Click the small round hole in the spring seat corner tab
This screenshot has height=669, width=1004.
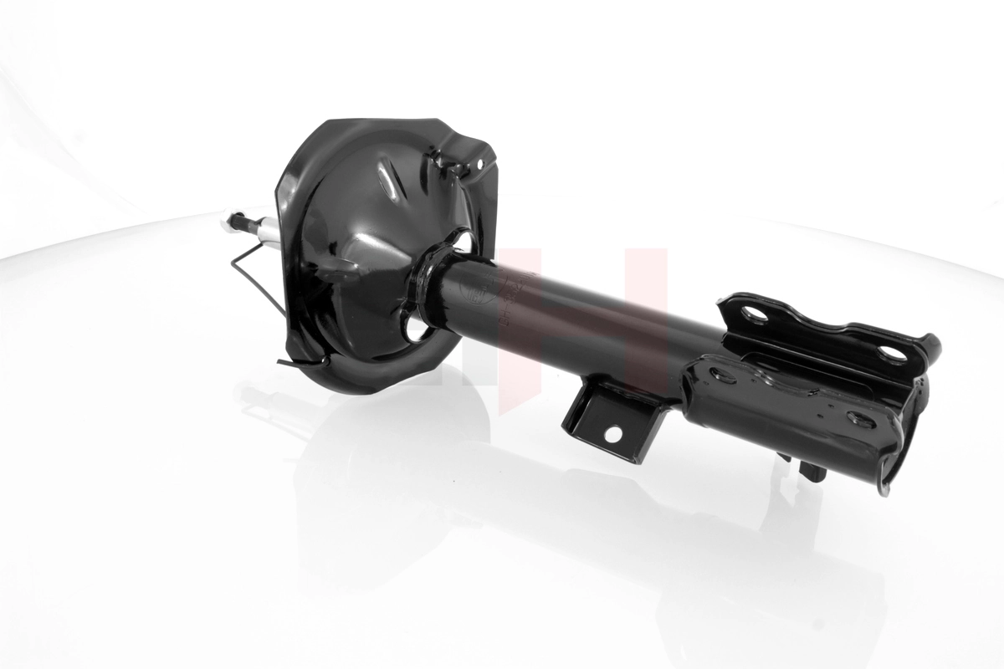(480, 166)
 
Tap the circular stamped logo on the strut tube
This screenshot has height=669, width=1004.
(478, 293)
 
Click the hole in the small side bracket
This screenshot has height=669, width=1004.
(612, 434)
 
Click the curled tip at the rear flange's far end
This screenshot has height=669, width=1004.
(931, 343)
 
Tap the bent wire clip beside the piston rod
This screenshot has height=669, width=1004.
(251, 268)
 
